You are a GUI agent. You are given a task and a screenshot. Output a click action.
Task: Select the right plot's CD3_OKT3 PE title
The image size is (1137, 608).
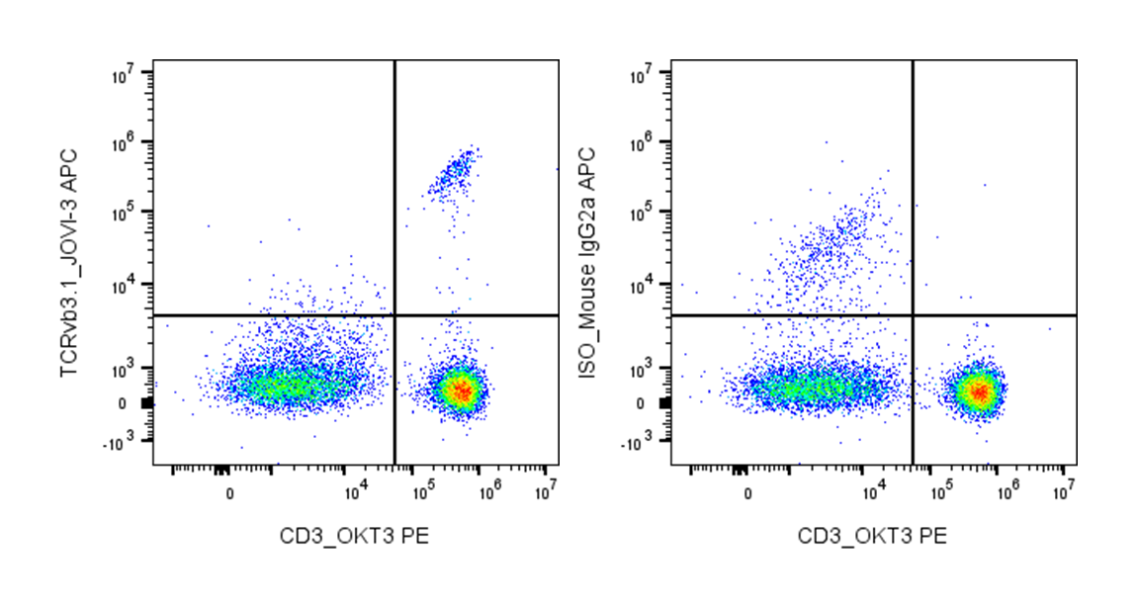click(x=873, y=536)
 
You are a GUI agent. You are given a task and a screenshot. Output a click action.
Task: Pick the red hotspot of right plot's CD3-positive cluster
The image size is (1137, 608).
click(x=979, y=391)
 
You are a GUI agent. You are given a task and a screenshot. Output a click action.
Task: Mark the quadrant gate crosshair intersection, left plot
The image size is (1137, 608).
click(x=394, y=315)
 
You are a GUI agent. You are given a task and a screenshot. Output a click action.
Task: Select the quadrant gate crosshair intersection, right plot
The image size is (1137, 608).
click(x=913, y=315)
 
